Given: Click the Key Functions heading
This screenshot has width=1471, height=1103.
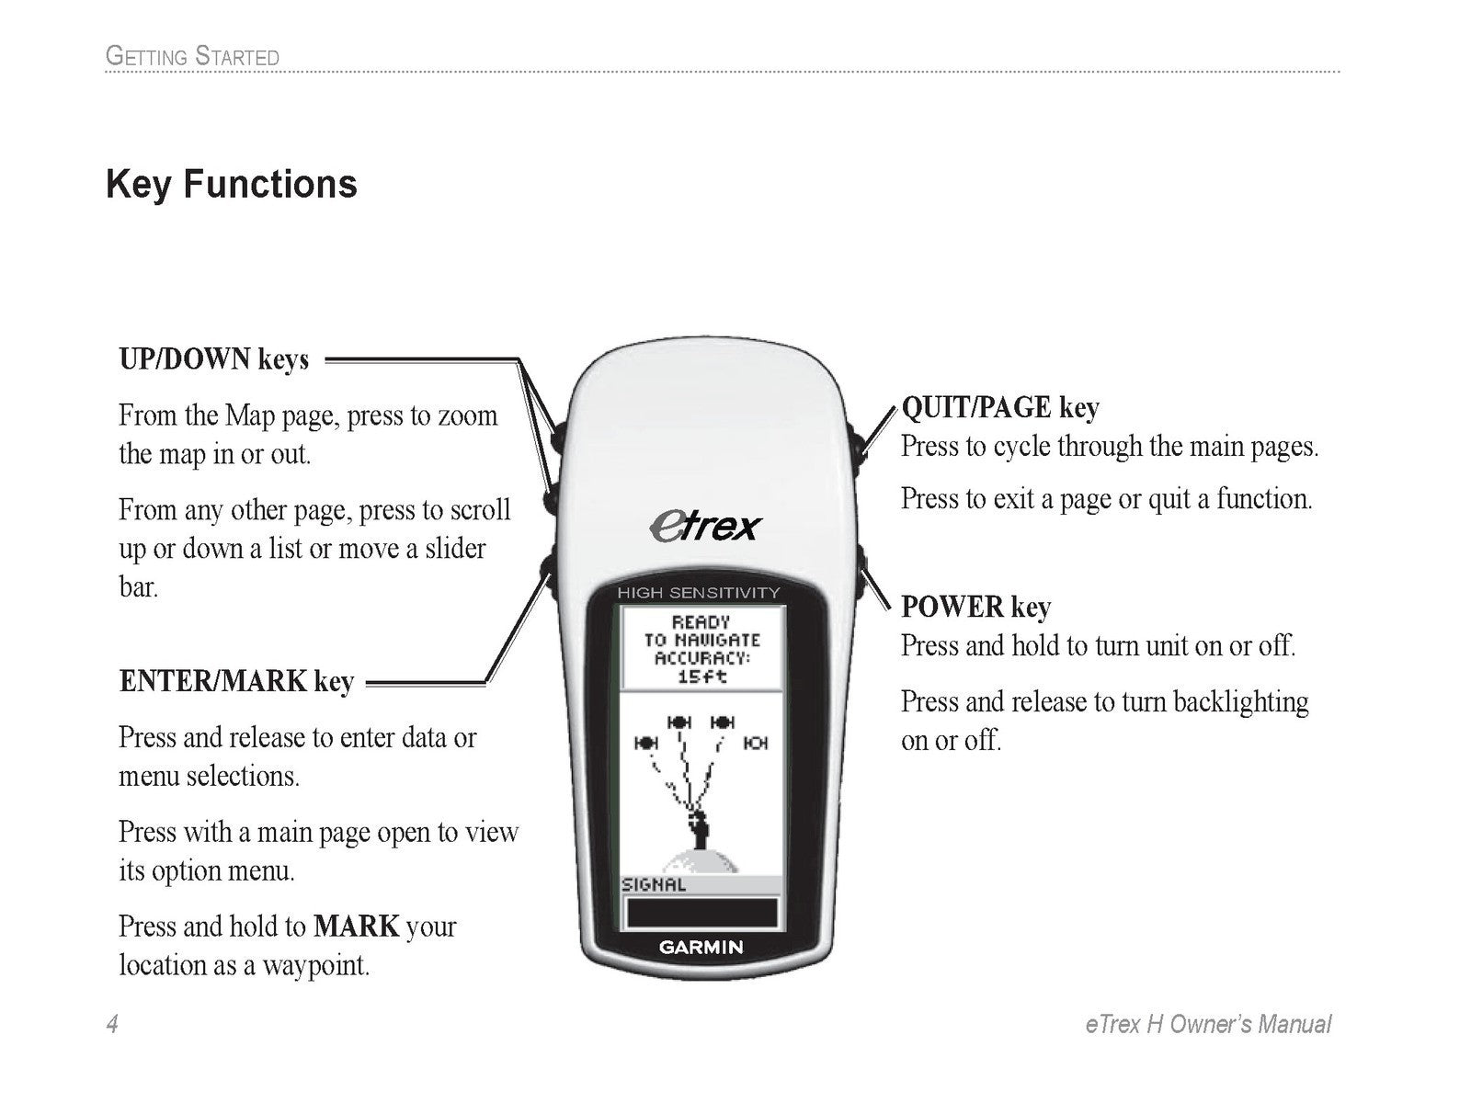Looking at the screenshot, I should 232,184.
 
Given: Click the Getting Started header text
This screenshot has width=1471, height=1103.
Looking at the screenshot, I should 192,56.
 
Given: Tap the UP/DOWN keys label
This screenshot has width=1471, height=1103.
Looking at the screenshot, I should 214,359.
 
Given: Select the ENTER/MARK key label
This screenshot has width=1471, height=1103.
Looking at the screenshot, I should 236,682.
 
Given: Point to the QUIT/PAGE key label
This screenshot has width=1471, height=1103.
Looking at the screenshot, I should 999,407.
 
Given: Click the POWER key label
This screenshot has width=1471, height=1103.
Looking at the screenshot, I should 975,608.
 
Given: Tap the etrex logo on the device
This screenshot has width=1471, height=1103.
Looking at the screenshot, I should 704,527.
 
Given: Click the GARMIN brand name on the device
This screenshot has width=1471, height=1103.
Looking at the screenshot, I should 701,948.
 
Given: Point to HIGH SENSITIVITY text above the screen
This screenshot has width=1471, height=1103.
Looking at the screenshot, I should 698,593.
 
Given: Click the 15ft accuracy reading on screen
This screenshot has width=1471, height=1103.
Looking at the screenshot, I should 701,677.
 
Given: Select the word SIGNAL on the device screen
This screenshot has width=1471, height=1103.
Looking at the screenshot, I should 654,885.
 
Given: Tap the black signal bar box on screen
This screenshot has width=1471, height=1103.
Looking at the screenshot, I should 701,913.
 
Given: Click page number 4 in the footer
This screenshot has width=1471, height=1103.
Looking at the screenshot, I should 112,1024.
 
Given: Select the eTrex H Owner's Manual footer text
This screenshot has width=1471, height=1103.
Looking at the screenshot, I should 1207,1024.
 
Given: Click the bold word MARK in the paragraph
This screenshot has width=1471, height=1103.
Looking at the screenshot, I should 356,926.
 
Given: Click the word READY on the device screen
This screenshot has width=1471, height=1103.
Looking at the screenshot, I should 701,622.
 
